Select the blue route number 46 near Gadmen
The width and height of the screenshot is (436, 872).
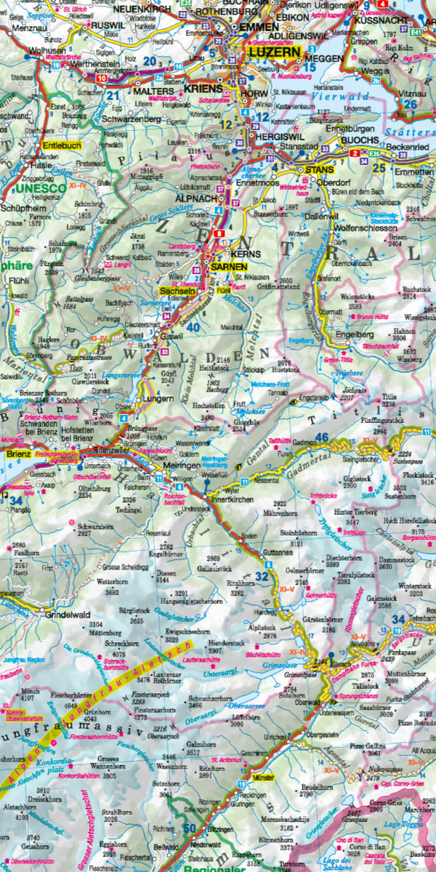point(322,437)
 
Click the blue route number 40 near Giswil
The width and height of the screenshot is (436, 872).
point(193,328)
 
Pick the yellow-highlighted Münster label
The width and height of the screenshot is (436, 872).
point(262,778)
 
